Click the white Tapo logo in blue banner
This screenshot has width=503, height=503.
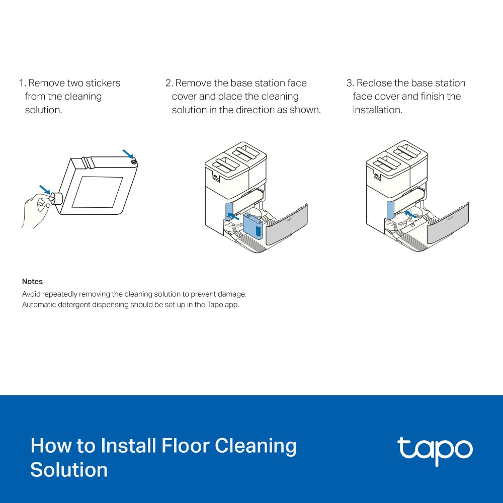tap(435, 451)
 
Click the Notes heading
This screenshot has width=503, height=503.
tap(32, 282)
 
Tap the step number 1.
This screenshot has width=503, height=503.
tap(21, 83)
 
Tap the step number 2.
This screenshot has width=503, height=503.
tap(168, 83)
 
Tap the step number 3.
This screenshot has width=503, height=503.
tap(349, 83)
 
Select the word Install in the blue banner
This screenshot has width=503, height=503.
tap(129, 447)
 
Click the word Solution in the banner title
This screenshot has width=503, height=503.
tap(69, 470)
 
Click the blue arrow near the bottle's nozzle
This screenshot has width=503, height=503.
tap(45, 190)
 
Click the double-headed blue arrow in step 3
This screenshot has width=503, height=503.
tap(410, 215)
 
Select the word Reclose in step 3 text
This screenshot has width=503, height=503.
tap(374, 83)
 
